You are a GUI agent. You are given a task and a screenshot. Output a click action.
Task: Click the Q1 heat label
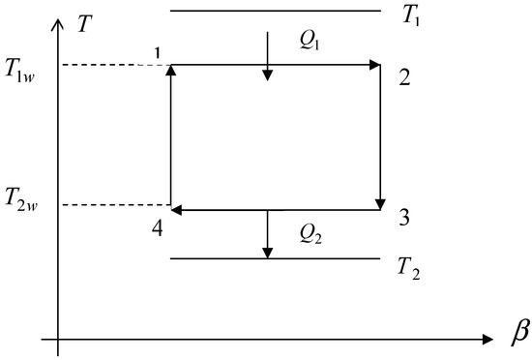tap(312, 38)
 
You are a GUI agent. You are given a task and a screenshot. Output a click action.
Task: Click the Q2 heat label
tap(312, 234)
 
